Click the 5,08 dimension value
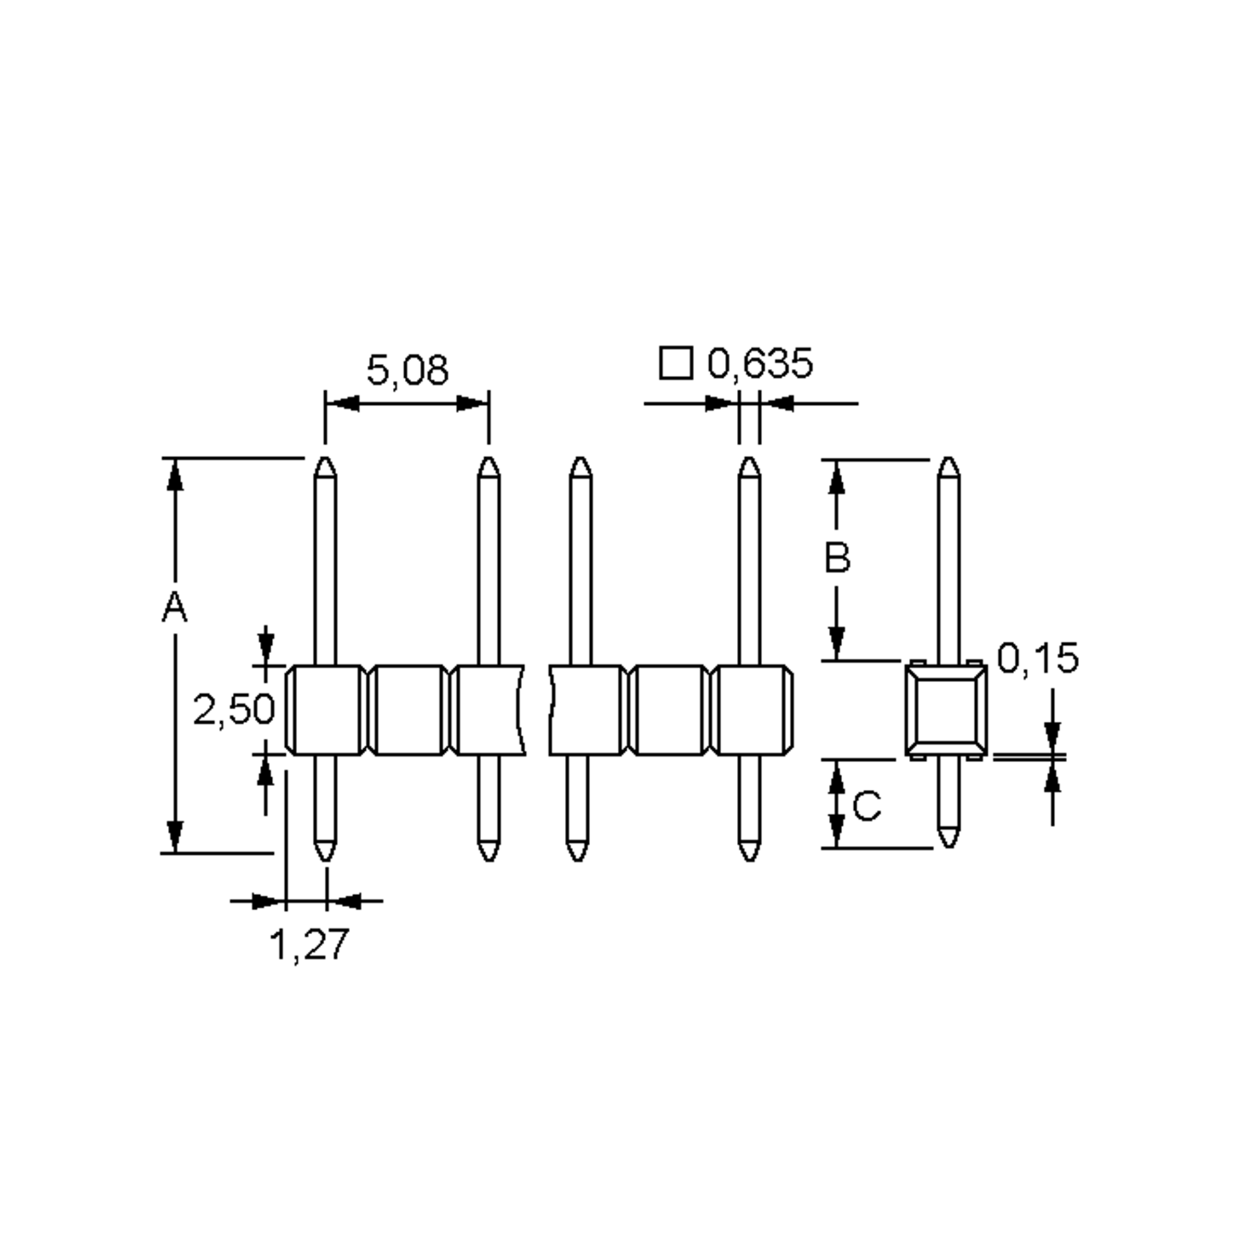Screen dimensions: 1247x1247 pos(407,370)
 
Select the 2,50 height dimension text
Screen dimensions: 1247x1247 pos(234,710)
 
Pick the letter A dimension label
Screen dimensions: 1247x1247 pos(174,607)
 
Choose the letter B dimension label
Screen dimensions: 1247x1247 pos(837,558)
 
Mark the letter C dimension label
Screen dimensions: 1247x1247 pos(867,806)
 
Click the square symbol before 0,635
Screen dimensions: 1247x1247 pos(676,363)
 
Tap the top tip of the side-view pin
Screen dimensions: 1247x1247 pos(948,458)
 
